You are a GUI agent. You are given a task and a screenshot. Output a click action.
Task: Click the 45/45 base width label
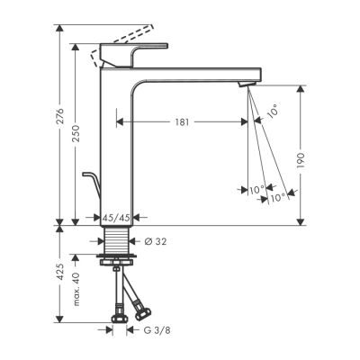[x=116, y=217]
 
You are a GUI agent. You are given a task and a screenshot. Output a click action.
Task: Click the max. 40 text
[x=77, y=292]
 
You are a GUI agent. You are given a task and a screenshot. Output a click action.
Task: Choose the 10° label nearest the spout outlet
[x=273, y=112]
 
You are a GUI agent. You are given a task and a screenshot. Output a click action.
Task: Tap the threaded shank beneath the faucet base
[x=116, y=241]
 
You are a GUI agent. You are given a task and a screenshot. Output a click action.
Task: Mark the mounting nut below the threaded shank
[x=117, y=261]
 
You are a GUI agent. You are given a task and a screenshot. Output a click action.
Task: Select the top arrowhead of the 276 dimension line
[x=61, y=28]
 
